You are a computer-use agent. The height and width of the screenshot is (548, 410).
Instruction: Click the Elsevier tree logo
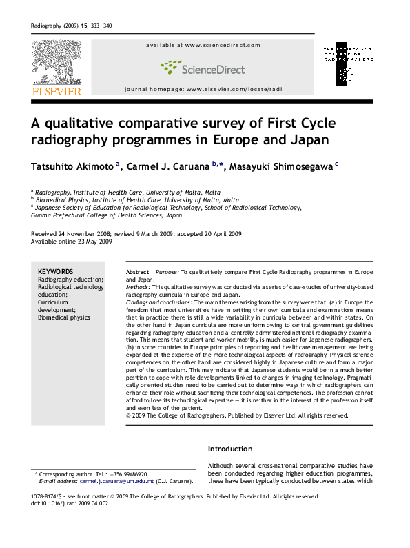(x=55, y=62)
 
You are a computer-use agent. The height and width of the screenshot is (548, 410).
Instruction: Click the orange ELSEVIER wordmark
(x=56, y=91)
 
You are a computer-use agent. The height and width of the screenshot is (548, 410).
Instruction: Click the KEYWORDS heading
(x=56, y=272)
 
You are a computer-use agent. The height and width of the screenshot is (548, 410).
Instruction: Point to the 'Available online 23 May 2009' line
(x=72, y=242)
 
